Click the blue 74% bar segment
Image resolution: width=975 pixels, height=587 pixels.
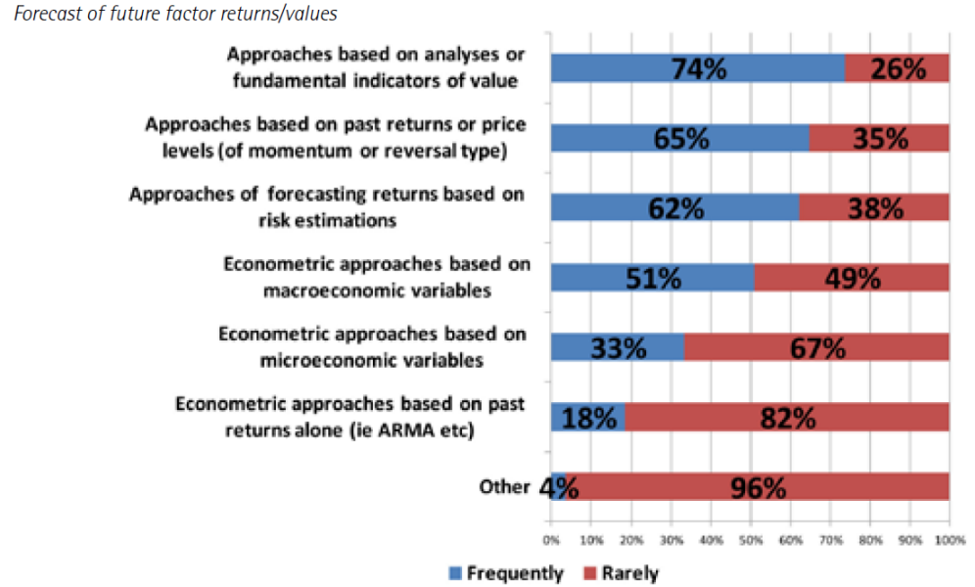(x=698, y=68)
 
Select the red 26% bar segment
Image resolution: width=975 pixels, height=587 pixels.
(x=898, y=68)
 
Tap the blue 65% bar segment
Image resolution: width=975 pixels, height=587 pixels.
(x=680, y=138)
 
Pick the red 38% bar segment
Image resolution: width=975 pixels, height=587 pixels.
(x=874, y=207)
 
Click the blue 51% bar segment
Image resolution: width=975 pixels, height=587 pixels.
(x=652, y=278)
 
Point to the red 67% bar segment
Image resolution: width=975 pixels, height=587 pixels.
(x=817, y=347)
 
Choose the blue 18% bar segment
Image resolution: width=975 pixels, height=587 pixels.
(x=587, y=418)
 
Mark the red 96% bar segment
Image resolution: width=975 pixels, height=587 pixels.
(x=758, y=487)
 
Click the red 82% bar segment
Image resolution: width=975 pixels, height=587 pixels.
(x=787, y=418)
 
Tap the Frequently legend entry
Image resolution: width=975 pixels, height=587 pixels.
(x=506, y=572)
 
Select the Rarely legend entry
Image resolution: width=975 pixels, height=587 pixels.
(x=622, y=572)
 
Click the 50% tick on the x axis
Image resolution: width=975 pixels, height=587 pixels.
(x=751, y=540)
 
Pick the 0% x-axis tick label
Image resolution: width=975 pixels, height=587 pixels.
(x=551, y=540)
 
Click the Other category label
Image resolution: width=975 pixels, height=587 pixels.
(x=504, y=486)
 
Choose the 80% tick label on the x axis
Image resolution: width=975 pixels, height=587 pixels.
(x=870, y=540)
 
